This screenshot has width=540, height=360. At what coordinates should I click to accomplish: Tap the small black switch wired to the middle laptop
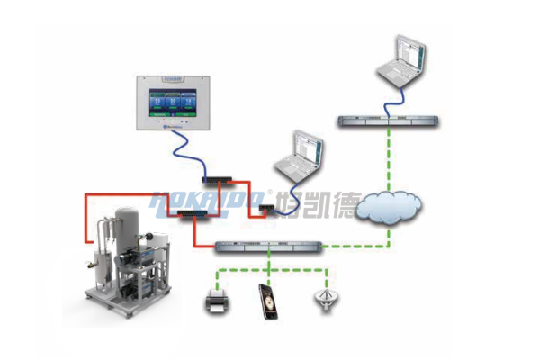click(266, 210)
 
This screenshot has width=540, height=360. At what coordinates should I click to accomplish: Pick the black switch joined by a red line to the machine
click(192, 213)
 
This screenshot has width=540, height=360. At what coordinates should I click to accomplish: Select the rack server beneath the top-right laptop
click(389, 120)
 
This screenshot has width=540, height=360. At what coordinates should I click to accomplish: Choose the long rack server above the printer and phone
click(269, 245)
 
